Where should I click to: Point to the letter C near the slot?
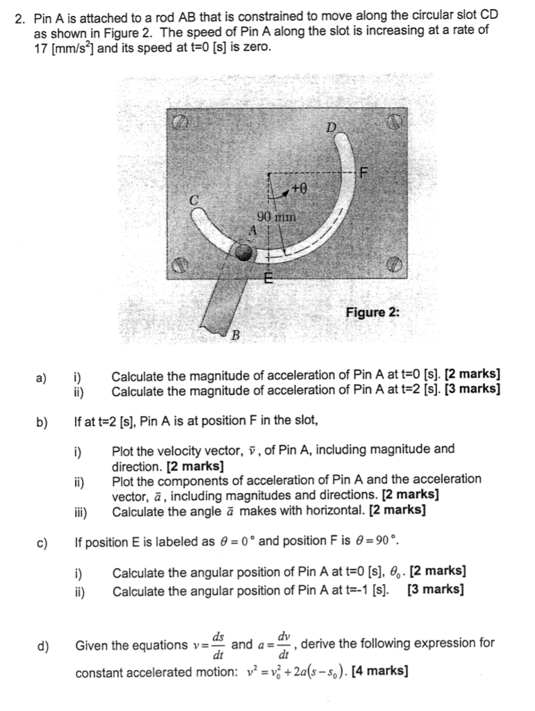click(195, 199)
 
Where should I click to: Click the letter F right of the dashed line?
click(365, 171)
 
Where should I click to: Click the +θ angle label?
click(299, 187)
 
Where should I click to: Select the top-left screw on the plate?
click(180, 123)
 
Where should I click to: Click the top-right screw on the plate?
click(395, 123)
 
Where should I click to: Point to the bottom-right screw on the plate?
click(394, 265)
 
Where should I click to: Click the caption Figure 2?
click(373, 312)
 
